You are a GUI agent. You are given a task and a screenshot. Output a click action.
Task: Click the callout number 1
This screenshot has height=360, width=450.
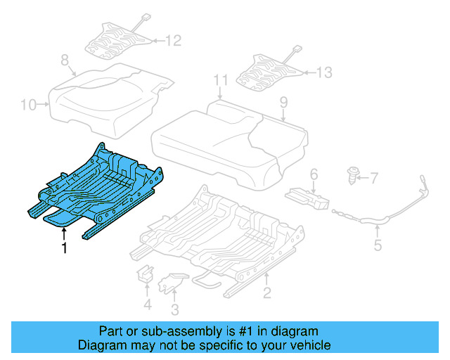64,248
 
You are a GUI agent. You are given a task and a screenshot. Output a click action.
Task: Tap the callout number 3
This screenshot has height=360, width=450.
174,309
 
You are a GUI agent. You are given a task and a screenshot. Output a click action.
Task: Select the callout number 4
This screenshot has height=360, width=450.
146,304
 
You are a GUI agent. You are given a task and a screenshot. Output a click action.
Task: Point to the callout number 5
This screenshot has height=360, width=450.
378,245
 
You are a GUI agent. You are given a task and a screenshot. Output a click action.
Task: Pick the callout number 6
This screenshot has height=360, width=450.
314,174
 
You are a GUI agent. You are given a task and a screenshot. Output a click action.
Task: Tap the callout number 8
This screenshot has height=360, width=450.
64,60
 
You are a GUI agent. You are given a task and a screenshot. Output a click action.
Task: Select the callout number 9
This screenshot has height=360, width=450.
283,103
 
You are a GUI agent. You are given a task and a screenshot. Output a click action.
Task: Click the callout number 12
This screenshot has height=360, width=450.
173,40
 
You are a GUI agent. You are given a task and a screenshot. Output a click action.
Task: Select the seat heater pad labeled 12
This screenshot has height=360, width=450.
116,39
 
